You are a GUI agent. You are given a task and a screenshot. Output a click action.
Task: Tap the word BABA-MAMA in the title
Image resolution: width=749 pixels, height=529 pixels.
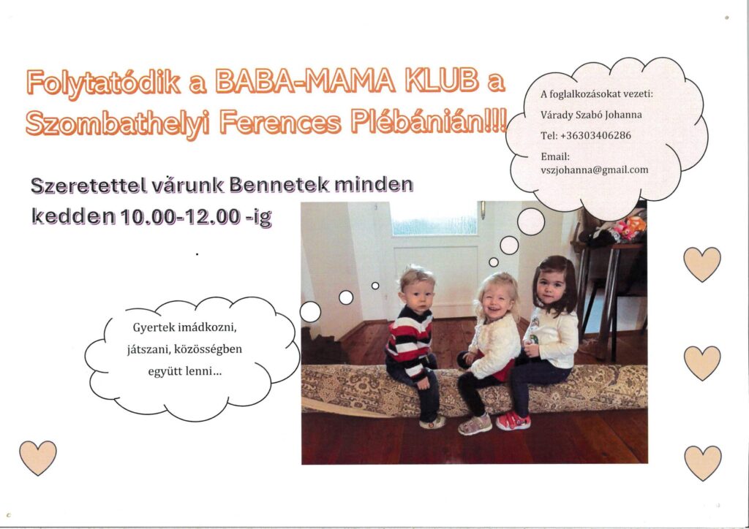(306, 81)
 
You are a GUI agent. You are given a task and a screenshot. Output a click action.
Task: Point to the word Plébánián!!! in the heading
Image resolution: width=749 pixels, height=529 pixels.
(429, 121)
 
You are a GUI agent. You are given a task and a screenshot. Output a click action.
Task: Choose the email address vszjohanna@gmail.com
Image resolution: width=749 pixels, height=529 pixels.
(594, 170)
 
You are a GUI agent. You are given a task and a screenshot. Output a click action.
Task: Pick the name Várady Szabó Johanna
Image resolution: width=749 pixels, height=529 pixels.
(591, 115)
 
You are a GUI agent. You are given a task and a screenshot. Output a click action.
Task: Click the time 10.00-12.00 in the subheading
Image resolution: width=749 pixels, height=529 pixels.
(180, 216)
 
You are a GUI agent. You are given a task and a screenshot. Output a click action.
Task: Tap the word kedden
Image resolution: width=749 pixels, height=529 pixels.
(74, 216)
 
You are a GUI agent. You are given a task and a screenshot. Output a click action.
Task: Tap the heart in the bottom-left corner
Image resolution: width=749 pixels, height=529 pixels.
(38, 457)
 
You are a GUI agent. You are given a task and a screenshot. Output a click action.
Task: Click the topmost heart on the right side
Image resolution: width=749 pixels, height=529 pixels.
(701, 264)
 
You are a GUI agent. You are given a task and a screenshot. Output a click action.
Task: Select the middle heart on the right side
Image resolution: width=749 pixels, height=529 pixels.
(701, 363)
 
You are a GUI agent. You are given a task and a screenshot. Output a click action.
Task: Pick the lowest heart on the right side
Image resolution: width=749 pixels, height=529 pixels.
(702, 463)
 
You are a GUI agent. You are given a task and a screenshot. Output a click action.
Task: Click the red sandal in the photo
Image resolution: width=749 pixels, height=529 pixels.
(513, 421)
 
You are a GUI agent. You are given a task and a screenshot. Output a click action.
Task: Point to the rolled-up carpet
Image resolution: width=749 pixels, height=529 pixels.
(474, 388)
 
